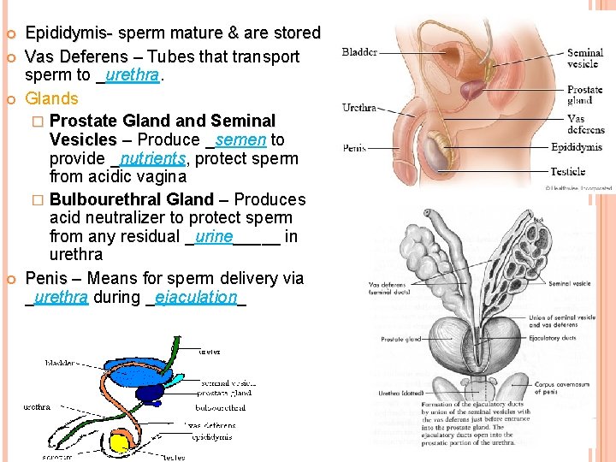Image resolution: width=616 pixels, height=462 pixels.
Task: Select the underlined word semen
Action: coord(240,139)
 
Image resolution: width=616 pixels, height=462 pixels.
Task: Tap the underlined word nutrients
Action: coord(152,159)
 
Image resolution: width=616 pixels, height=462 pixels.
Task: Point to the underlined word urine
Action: coord(213,236)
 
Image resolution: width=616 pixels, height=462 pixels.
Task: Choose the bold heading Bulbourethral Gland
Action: coord(132,199)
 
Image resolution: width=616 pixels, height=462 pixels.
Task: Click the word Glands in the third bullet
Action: coord(51,98)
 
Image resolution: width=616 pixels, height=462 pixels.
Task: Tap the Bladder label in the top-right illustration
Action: coord(359,52)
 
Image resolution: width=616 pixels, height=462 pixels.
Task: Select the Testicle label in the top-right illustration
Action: coord(568,171)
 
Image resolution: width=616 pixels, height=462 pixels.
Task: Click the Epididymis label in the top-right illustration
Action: coord(577,148)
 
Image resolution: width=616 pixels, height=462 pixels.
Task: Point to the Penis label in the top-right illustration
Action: coord(354,147)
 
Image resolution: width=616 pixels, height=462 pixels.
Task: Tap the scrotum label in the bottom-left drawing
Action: coord(59,458)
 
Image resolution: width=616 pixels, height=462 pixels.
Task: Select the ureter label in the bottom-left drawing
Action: coord(209,352)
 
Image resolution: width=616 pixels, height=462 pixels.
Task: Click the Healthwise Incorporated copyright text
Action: coord(579,187)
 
